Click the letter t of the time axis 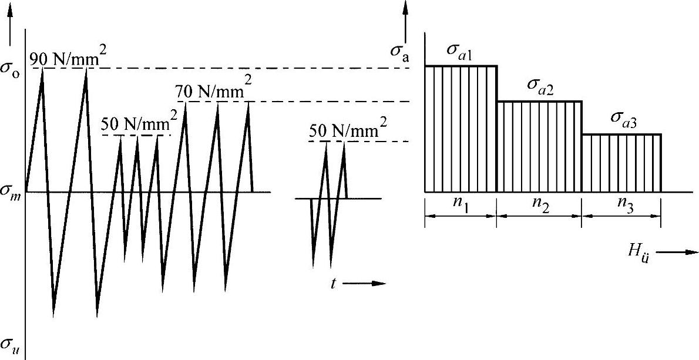coord(333,283)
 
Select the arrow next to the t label coord(364,284)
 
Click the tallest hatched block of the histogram coord(461,129)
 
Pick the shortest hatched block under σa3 coord(621,163)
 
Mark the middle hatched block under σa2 coord(539,147)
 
